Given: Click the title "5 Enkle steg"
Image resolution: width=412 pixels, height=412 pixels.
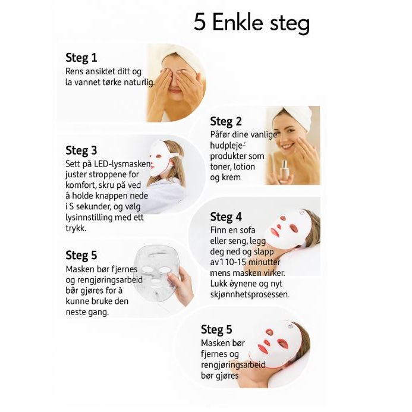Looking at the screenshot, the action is coord(251,23).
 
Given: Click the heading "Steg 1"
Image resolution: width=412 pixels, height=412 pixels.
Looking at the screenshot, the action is coord(81,58).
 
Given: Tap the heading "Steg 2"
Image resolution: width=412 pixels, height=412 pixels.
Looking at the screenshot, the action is coord(226,121).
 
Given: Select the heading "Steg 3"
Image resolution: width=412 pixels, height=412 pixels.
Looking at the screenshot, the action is coord(81,150).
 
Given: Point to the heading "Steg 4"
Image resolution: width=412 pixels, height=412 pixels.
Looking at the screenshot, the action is coord(226,217).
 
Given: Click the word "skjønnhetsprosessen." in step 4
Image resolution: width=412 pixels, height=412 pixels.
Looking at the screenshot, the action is coord(250,295).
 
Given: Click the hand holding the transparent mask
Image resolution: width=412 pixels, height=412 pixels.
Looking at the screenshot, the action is coord(182,287).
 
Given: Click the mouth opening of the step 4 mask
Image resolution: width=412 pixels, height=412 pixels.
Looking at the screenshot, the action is coord(273,233).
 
